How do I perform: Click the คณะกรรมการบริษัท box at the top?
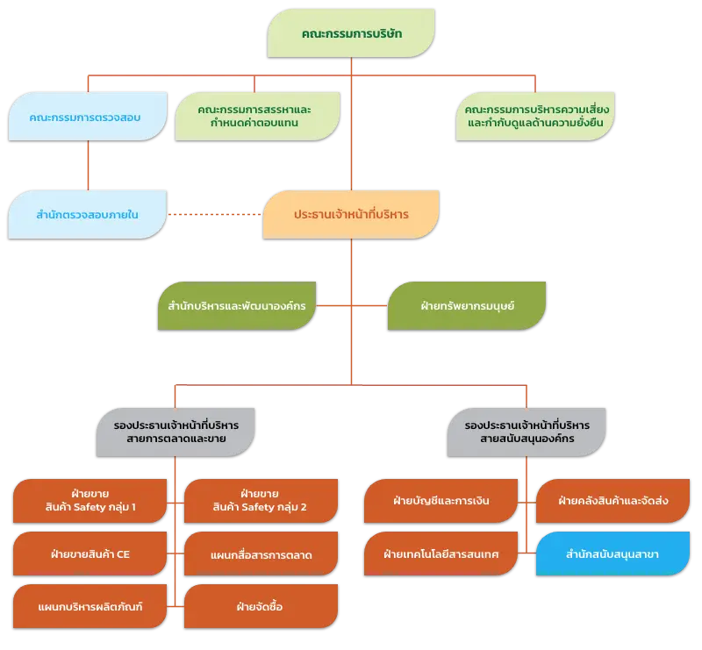(x=351, y=33)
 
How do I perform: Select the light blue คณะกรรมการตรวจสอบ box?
(x=88, y=117)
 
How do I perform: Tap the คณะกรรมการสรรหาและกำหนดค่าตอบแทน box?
(x=257, y=117)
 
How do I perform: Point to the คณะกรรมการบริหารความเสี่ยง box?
(x=535, y=117)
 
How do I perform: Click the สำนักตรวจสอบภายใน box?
(x=87, y=214)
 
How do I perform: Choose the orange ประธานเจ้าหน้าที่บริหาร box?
(x=351, y=214)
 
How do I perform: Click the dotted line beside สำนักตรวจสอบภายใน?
(x=215, y=214)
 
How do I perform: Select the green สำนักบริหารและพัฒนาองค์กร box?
(x=237, y=306)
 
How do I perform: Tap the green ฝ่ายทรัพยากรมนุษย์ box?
(x=467, y=306)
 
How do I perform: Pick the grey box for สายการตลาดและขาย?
(x=175, y=432)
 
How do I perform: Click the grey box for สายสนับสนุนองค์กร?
(x=526, y=432)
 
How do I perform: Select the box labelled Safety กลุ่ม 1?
(x=90, y=501)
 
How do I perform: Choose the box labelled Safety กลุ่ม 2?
(x=261, y=501)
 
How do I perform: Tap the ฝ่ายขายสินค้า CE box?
(x=90, y=554)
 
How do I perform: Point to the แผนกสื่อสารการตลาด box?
(x=261, y=554)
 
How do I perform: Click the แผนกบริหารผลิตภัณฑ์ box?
(x=90, y=606)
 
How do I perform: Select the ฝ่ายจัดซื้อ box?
(x=261, y=606)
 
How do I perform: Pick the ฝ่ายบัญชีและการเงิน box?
(x=441, y=501)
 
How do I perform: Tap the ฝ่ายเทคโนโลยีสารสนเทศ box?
(x=441, y=554)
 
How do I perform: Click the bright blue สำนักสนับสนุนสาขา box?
(x=612, y=554)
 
